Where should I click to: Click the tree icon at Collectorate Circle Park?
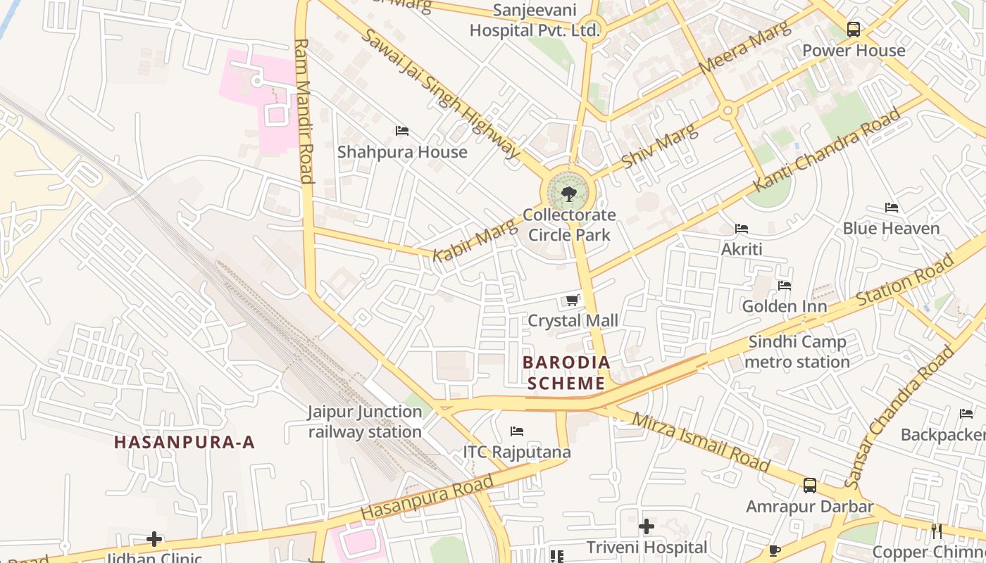tap(568, 194)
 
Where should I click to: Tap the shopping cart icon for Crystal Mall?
tap(573, 301)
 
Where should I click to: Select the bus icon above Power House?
tap(854, 30)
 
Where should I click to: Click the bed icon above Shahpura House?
tap(402, 131)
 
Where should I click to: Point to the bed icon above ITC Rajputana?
tap(517, 431)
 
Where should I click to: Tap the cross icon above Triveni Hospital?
tap(647, 526)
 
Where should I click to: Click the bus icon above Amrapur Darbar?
tap(810, 486)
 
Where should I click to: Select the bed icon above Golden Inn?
tap(785, 285)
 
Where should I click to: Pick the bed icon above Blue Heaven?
tap(892, 208)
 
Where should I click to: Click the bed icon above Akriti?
tap(742, 228)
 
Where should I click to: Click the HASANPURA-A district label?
tap(185, 442)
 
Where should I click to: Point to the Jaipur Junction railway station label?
tap(365, 422)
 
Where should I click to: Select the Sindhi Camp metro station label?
tap(797, 352)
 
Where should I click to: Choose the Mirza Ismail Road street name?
tap(701, 442)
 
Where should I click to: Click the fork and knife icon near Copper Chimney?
tap(937, 531)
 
